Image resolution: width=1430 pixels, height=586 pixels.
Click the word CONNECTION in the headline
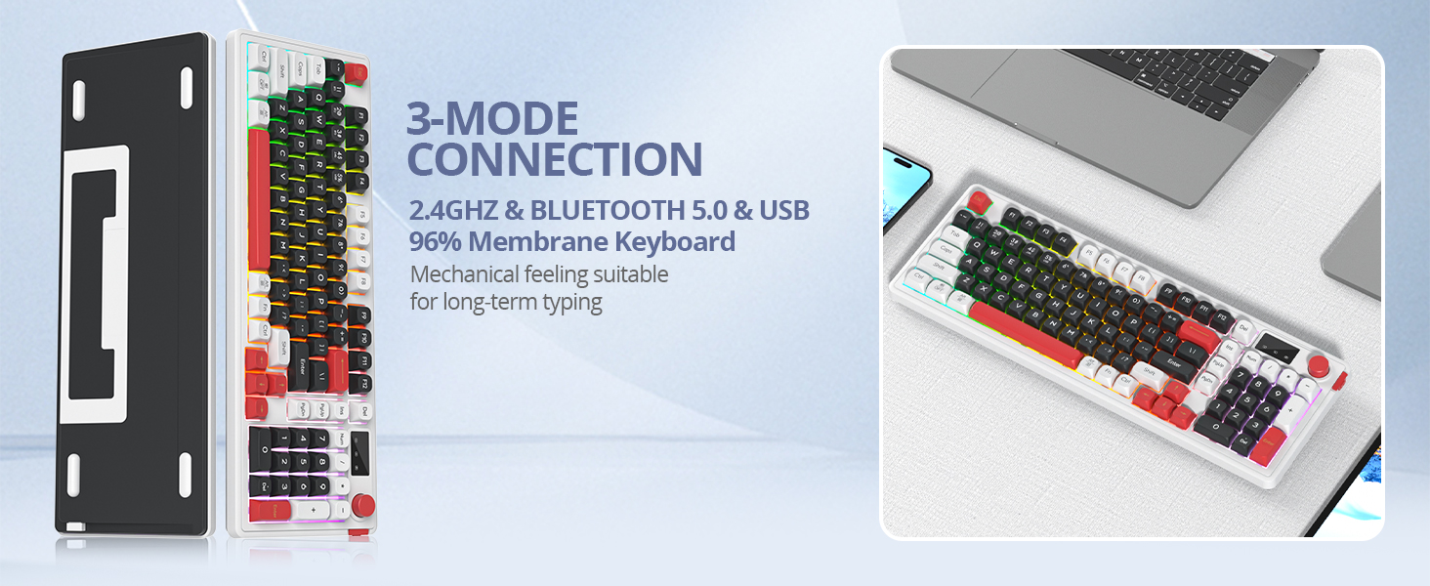(x=554, y=159)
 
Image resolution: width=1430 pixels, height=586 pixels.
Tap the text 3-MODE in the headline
(x=492, y=119)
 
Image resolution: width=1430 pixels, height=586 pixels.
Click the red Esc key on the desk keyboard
(x=978, y=201)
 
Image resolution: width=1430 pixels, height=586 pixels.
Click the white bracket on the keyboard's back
(x=95, y=284)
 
